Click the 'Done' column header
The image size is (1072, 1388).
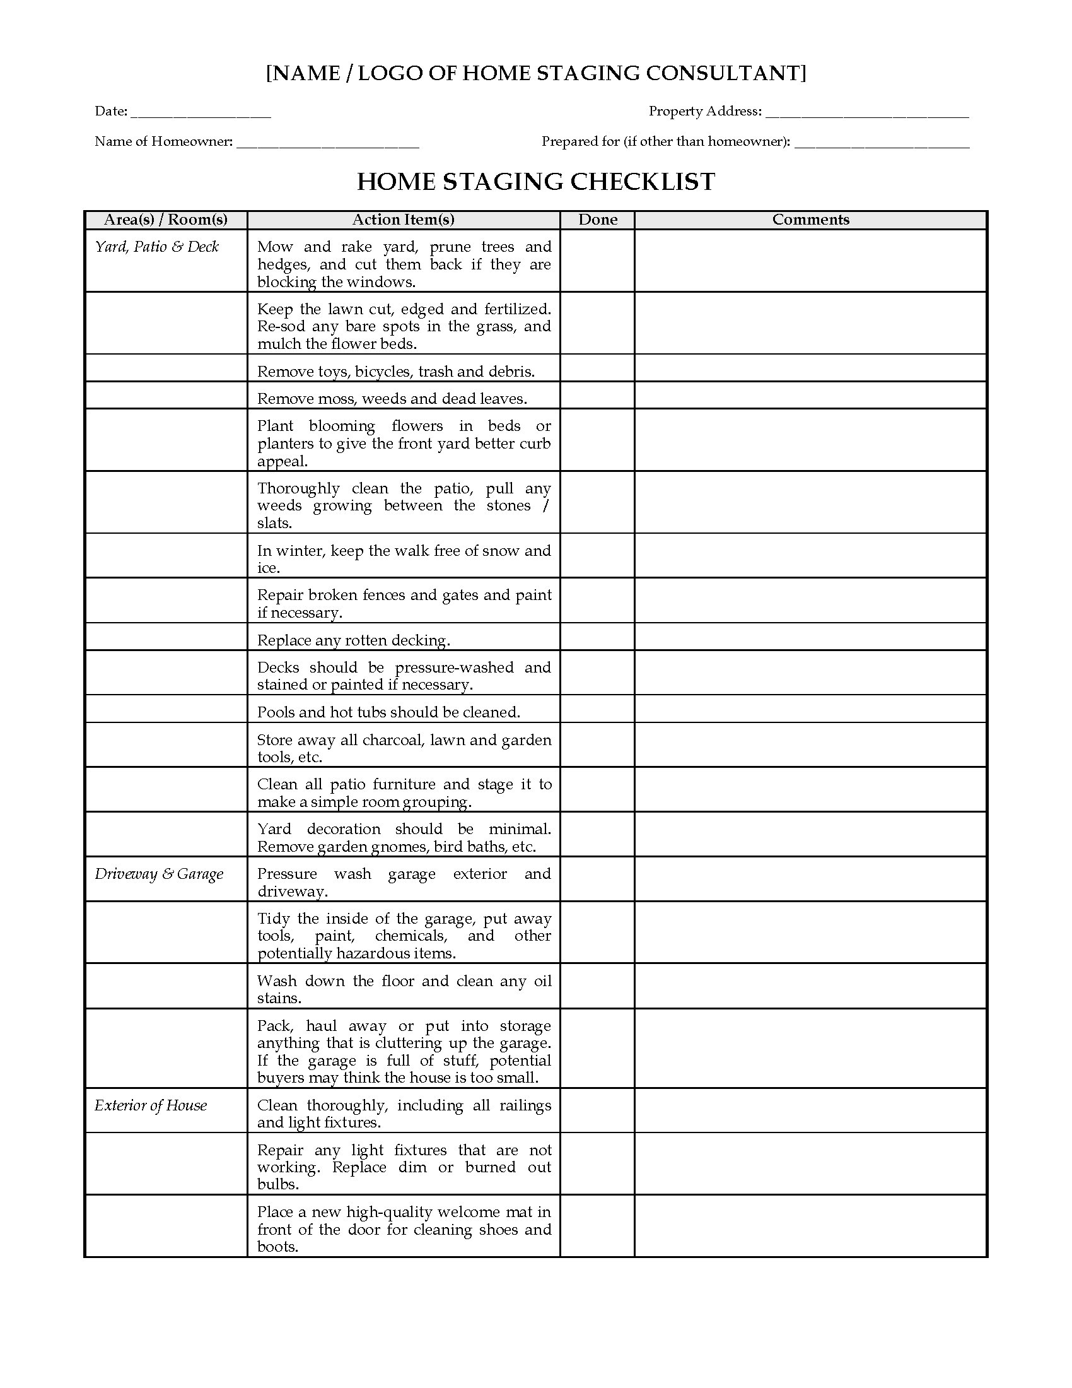(x=598, y=220)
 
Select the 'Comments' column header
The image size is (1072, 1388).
(x=810, y=220)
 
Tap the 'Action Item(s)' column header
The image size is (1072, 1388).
(x=404, y=220)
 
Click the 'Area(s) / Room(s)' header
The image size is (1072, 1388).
(x=166, y=220)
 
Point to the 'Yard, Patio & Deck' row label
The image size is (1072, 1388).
(x=157, y=247)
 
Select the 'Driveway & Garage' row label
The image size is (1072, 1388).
(x=159, y=874)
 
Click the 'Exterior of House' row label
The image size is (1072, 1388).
(x=151, y=1105)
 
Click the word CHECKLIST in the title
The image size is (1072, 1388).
(x=643, y=182)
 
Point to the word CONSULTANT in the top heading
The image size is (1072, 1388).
(x=726, y=74)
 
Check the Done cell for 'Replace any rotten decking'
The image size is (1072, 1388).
(x=598, y=637)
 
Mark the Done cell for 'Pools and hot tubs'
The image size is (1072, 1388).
(x=598, y=709)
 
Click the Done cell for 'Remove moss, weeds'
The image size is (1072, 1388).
(x=598, y=396)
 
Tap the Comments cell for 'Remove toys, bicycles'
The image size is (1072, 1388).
(x=810, y=368)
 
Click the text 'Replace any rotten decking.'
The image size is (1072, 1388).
(x=354, y=640)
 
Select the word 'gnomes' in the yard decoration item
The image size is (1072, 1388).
(x=403, y=847)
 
